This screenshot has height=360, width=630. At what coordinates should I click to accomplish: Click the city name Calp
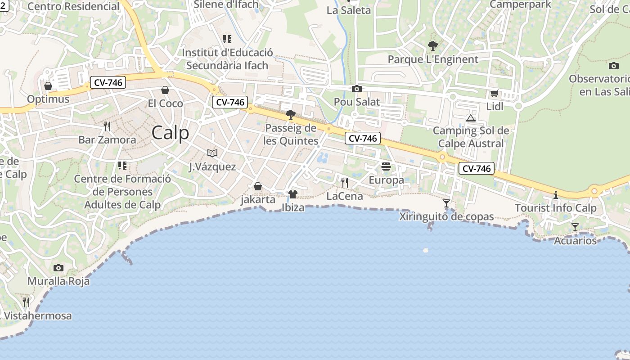tap(170, 133)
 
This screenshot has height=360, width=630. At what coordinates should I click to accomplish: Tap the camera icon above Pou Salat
tap(357, 89)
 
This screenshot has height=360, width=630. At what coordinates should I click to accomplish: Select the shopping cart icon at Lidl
tap(495, 94)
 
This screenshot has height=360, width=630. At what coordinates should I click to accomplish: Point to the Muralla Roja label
tap(58, 281)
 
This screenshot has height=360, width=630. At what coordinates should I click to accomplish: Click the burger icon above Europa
tap(386, 167)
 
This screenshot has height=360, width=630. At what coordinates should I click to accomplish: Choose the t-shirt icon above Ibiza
tap(293, 194)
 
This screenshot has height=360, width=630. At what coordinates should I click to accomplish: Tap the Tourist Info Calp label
tap(555, 208)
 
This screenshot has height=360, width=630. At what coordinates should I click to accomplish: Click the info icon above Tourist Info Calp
tap(556, 195)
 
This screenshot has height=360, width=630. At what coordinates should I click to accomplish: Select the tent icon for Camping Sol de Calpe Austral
tap(471, 118)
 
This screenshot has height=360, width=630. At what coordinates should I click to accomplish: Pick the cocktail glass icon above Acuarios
tap(575, 227)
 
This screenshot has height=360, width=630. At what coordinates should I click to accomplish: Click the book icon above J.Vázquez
tap(212, 153)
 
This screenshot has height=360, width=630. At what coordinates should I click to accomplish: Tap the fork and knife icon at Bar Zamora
tap(107, 126)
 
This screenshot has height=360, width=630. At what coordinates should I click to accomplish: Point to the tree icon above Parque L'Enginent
tap(433, 45)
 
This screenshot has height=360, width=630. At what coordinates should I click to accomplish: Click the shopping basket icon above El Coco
tap(165, 90)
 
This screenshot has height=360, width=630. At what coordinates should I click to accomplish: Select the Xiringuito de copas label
tap(446, 217)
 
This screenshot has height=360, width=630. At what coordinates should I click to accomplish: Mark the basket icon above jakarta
tap(258, 186)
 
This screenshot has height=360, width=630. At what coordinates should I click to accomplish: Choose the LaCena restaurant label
tap(344, 196)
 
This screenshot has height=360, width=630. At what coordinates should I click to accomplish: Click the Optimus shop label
tap(48, 99)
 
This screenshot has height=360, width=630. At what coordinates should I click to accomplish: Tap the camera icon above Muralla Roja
tap(58, 268)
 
